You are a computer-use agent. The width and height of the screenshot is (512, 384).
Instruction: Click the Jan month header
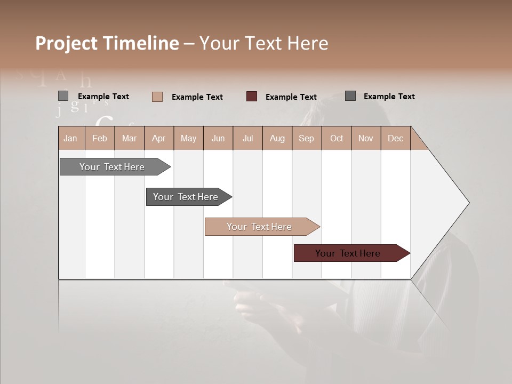71,138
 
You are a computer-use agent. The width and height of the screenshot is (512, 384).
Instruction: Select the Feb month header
100,138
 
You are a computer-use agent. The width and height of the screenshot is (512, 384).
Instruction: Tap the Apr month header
159,138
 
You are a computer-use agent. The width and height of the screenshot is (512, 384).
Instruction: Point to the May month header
188,138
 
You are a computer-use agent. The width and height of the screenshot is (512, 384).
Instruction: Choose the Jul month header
247,138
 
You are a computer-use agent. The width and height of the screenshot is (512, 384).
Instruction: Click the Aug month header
277,138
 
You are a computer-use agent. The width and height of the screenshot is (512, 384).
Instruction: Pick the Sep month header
307,138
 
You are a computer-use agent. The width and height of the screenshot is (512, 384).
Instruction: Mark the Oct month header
337,138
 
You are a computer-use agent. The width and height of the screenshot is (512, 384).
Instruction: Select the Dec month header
395,138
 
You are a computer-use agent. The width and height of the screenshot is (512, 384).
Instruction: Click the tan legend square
157,97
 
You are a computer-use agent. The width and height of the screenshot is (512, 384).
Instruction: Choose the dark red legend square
252,97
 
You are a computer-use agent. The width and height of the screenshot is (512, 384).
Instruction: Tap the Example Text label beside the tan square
197,97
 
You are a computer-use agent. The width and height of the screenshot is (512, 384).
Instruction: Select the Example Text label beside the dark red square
291,97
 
